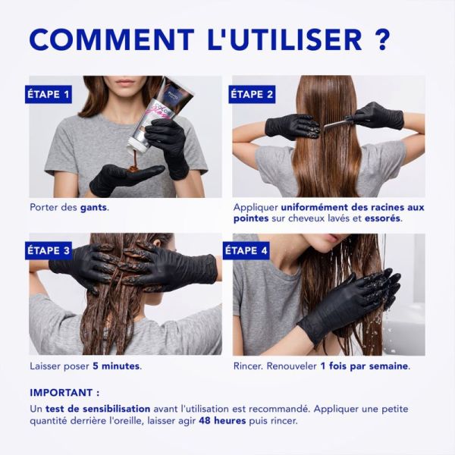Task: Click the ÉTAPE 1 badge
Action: pos(49,94)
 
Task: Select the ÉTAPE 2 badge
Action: pos(252,94)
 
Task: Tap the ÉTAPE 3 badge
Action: pos(49,250)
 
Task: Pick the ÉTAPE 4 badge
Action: pos(246,250)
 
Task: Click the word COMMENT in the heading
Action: pos(111,39)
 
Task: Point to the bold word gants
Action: pos(93,208)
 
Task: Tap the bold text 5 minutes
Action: pos(116,366)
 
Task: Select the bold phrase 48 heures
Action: pos(222,420)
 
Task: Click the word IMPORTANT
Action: pos(61,393)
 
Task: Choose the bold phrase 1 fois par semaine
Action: pos(364,366)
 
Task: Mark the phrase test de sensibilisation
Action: pos(98,409)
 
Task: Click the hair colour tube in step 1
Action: pos(161,114)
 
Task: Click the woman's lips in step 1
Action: pos(125,82)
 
